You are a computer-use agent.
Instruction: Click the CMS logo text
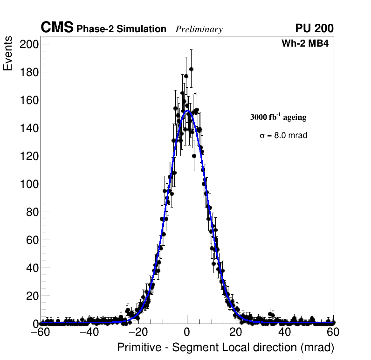pyautogui.click(x=57, y=28)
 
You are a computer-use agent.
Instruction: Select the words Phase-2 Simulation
pyautogui.click(x=121, y=29)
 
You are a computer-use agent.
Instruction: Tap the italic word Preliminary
pyautogui.click(x=199, y=30)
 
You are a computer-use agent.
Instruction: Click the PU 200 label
pyautogui.click(x=315, y=28)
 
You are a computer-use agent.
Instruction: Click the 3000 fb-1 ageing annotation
pyautogui.click(x=278, y=117)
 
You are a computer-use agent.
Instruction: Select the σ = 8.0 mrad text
pyautogui.click(x=283, y=136)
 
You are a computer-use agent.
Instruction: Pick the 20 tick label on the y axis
pyautogui.click(x=31, y=296)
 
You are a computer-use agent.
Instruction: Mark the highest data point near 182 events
pyautogui.click(x=191, y=69)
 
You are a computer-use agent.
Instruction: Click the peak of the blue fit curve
pyautogui.click(x=187, y=111)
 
